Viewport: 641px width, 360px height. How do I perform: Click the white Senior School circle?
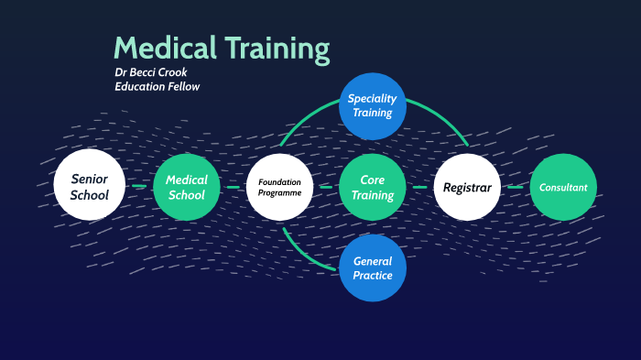(x=90, y=187)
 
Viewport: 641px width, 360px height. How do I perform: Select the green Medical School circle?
(x=187, y=187)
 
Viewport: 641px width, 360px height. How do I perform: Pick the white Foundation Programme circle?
(x=280, y=187)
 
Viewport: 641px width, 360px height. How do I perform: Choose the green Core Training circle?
(x=373, y=187)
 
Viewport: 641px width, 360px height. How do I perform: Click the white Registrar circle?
(x=467, y=187)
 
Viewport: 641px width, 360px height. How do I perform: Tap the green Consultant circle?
(x=563, y=187)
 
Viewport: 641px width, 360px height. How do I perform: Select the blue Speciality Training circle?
(x=373, y=105)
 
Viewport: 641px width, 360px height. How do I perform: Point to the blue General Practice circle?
(x=373, y=267)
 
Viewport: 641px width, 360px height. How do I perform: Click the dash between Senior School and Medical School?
(x=138, y=187)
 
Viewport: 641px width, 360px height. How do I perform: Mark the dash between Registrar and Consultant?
(x=516, y=187)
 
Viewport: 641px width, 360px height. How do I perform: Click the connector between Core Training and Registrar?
(x=420, y=187)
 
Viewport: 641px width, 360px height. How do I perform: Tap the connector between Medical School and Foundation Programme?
(x=234, y=187)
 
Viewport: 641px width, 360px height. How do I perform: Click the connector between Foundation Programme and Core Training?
(x=326, y=187)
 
